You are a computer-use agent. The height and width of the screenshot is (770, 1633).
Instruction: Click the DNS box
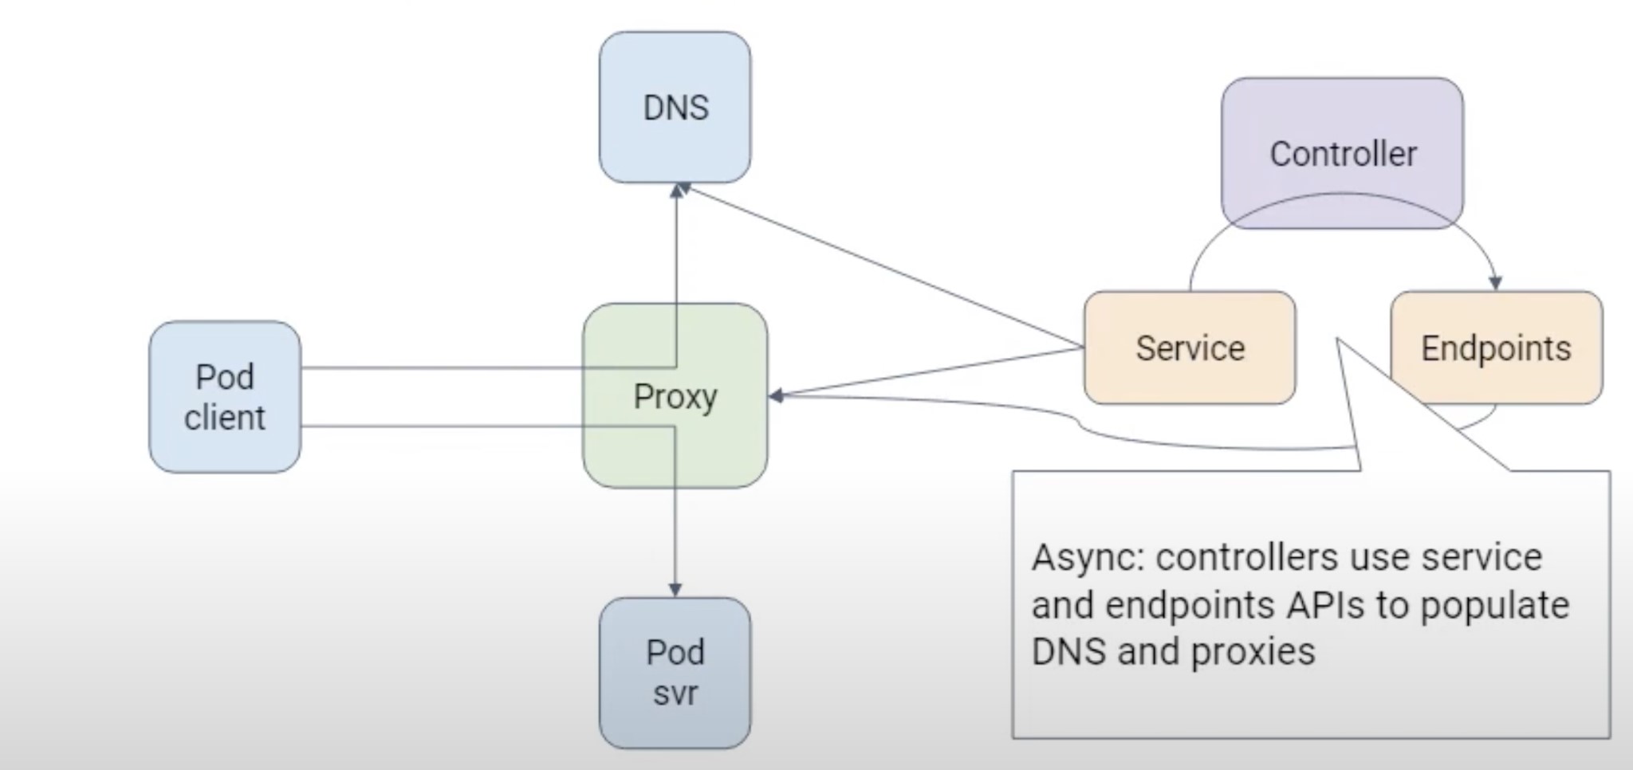[675, 108]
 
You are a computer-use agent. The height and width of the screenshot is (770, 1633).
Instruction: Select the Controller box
[1342, 153]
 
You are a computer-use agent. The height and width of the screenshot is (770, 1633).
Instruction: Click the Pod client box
[225, 397]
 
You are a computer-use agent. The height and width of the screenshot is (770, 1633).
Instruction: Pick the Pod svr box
[675, 672]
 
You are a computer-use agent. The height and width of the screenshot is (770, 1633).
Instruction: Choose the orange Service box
[1189, 348]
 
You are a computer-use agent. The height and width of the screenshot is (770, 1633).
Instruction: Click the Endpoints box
[1496, 348]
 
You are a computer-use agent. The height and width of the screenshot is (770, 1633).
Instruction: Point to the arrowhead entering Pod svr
[675, 590]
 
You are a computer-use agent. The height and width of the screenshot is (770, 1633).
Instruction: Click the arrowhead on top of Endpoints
[1495, 283]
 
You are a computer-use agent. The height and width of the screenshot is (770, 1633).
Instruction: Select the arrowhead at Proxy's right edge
[776, 395]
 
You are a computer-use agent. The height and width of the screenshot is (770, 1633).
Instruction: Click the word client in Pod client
[225, 418]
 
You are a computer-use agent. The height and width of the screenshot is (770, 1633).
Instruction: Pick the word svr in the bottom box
[675, 693]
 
